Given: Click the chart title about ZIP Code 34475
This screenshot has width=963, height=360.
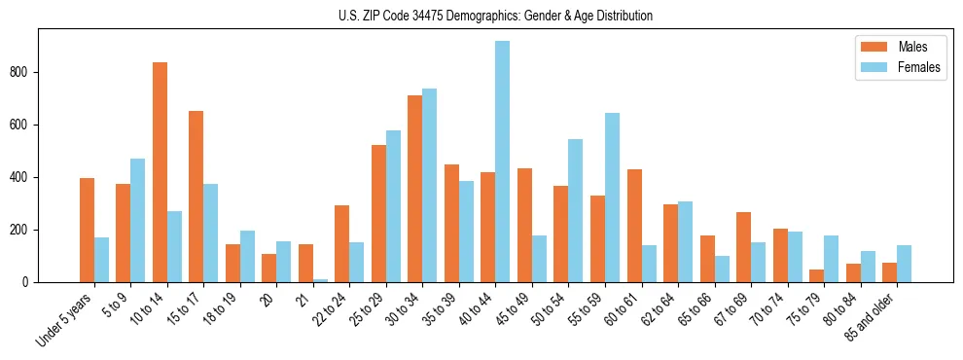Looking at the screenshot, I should pyautogui.click(x=495, y=16).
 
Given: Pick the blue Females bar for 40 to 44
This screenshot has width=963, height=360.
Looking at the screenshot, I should pyautogui.click(x=503, y=162).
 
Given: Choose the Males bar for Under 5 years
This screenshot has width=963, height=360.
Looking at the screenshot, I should pyautogui.click(x=87, y=231).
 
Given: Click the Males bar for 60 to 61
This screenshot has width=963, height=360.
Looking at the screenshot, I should pyautogui.click(x=634, y=226).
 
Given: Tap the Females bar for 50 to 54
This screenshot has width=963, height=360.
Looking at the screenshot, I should pyautogui.click(x=576, y=211).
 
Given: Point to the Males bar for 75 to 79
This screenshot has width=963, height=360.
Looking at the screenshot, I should pyautogui.click(x=816, y=276).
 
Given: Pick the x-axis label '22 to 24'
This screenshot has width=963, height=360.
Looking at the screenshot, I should pyautogui.click(x=331, y=311).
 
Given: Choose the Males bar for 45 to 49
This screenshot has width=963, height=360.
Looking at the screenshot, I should pyautogui.click(x=524, y=226).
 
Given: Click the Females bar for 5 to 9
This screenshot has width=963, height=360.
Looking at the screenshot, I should pyautogui.click(x=138, y=221).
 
